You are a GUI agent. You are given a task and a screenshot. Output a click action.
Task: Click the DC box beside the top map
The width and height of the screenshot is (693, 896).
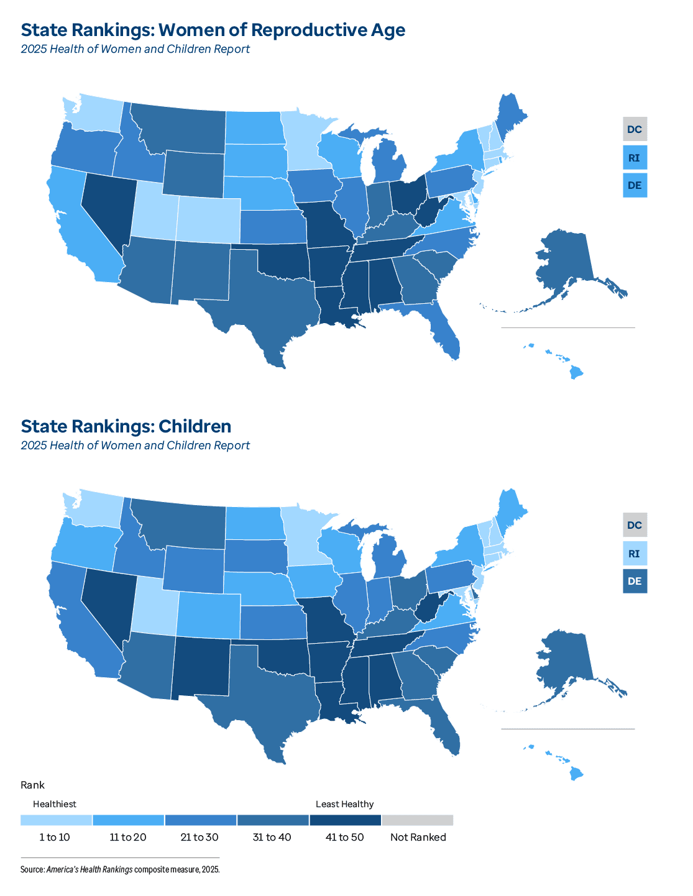635,129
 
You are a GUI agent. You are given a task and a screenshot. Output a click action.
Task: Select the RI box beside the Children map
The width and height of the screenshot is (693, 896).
635,554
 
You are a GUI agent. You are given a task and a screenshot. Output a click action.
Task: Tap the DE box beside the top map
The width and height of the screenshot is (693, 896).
635,186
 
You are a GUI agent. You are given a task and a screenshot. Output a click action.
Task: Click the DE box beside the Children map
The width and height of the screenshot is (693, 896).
635,582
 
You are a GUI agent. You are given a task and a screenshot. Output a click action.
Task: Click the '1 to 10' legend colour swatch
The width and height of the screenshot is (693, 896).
56,820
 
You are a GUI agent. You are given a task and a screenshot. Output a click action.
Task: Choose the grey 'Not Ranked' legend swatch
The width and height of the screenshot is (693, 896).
418,820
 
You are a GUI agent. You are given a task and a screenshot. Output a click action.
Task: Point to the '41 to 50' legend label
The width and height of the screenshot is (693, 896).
344,838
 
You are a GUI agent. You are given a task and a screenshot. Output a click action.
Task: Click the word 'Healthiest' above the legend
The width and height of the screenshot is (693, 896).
55,804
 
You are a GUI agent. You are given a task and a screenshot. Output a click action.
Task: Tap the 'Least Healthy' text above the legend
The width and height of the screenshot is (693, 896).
344,804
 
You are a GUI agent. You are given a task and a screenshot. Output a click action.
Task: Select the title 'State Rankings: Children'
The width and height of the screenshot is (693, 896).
126,426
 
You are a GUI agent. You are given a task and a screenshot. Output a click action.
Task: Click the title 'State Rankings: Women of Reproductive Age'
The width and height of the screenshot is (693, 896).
213,30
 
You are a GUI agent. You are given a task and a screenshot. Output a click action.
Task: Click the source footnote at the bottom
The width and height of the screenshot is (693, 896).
120,869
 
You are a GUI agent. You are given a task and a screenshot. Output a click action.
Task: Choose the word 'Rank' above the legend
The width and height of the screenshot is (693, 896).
32,785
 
